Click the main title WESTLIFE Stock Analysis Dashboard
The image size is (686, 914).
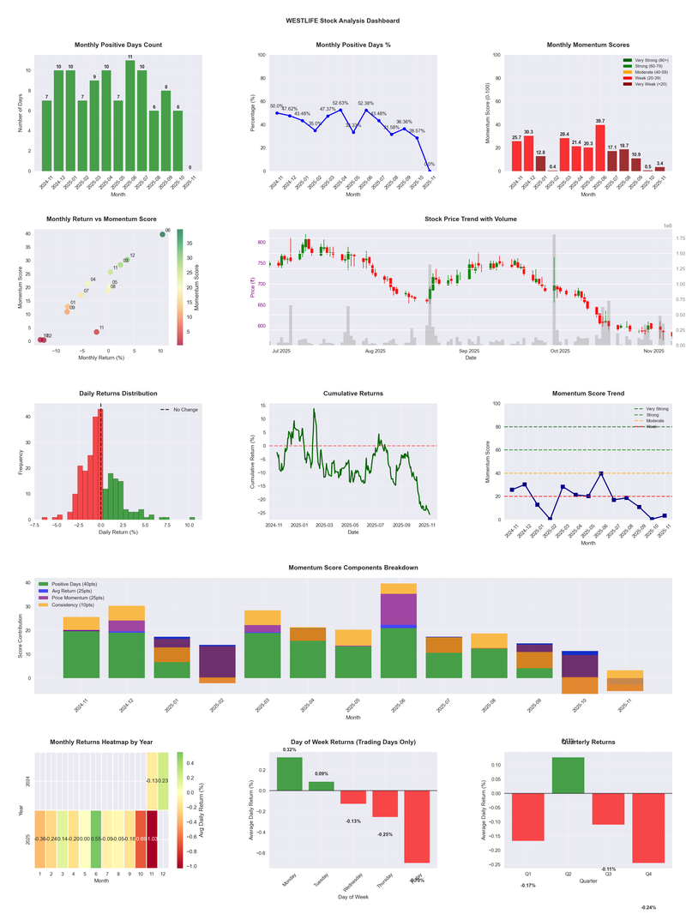point(342,21)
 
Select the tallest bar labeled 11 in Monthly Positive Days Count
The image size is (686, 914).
point(130,116)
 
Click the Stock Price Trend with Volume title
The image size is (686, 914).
point(471,219)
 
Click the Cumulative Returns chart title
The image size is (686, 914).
point(352,394)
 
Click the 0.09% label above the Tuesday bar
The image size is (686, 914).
point(322,774)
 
